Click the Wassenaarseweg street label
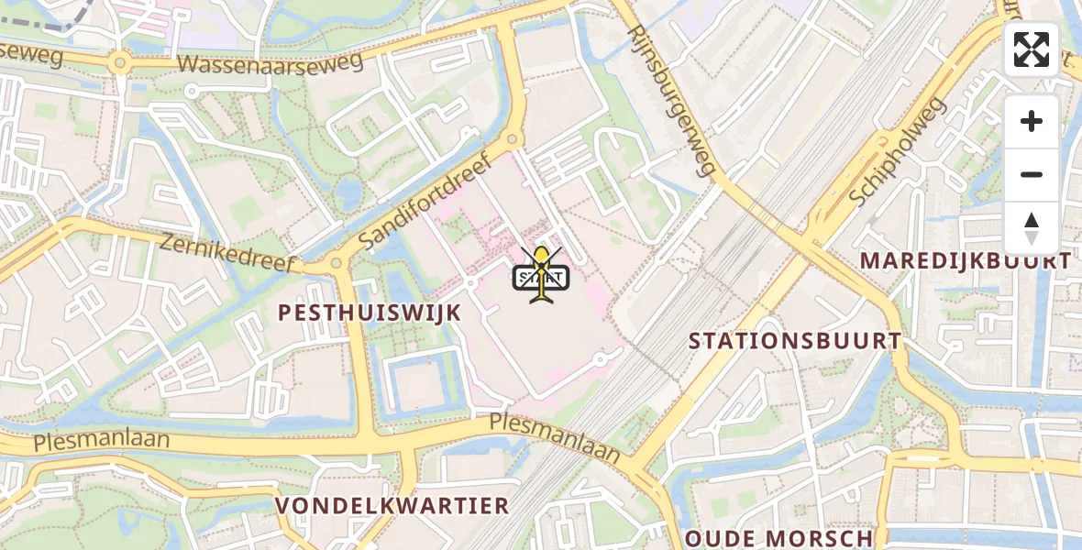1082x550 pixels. pyautogui.click(x=270, y=62)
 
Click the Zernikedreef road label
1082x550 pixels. pyautogui.click(x=228, y=254)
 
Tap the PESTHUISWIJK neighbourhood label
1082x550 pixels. pyautogui.click(x=370, y=313)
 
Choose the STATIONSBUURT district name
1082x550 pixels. pyautogui.click(x=795, y=341)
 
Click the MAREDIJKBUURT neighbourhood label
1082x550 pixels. pyautogui.click(x=965, y=261)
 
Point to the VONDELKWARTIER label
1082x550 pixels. pyautogui.click(x=392, y=506)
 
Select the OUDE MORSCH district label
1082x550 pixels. pyautogui.click(x=778, y=538)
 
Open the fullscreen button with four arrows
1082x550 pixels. pyautogui.click(x=1031, y=49)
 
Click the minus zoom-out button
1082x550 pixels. pyautogui.click(x=1031, y=174)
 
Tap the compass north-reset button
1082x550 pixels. pyautogui.click(x=1031, y=227)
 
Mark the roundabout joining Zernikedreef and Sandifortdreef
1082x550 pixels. pyautogui.click(x=336, y=264)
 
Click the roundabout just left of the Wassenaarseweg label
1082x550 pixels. pyautogui.click(x=118, y=64)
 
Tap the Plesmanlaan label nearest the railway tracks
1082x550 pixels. pyautogui.click(x=554, y=435)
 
